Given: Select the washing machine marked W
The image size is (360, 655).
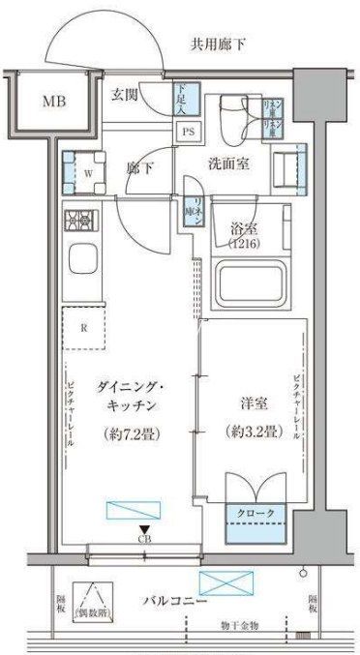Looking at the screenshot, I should [x=88, y=172].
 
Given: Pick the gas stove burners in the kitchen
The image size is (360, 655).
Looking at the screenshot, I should [x=81, y=221].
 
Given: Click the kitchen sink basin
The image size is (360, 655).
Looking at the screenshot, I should [x=82, y=264].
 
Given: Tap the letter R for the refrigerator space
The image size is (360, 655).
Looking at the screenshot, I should [x=84, y=327].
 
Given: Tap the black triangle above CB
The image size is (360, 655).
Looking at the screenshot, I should [x=144, y=528].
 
